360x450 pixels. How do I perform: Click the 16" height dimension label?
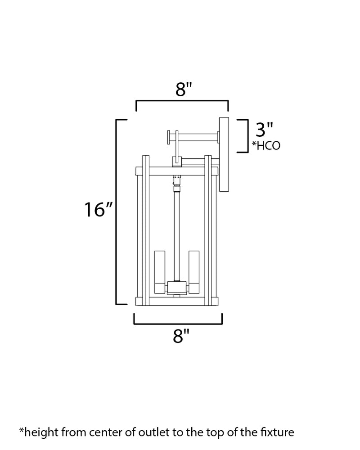click(x=98, y=209)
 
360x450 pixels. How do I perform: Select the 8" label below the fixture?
click(x=181, y=336)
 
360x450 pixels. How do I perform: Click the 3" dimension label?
click(x=264, y=130)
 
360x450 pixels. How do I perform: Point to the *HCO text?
click(x=266, y=146)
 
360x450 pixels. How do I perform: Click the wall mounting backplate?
click(x=224, y=154)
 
